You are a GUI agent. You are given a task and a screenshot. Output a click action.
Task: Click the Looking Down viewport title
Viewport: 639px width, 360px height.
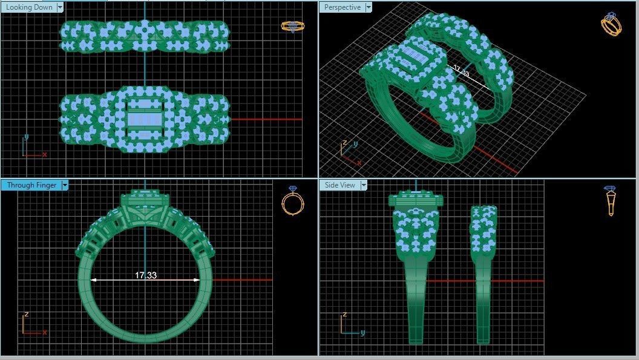point(28,7)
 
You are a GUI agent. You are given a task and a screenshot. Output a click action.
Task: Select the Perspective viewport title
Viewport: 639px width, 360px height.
point(342,7)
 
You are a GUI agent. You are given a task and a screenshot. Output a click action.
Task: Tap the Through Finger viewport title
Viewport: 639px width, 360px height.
point(30,185)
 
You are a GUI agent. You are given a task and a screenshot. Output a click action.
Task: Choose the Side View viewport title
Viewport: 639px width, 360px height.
point(339,185)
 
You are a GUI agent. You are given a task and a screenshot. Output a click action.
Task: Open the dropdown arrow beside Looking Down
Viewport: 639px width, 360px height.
point(59,7)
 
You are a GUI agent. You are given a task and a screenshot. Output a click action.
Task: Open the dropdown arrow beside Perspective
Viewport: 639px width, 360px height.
point(368,7)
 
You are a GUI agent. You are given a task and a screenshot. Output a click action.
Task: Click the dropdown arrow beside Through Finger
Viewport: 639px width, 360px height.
point(65,185)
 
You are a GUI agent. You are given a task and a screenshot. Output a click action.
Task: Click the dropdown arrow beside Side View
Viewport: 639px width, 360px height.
point(363,185)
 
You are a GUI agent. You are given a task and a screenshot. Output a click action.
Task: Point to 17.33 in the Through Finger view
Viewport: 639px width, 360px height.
point(146,275)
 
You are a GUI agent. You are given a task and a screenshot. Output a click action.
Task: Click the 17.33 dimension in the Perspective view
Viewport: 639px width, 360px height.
point(461,71)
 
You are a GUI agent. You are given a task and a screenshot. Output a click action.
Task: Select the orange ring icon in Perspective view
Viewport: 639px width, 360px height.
point(611,25)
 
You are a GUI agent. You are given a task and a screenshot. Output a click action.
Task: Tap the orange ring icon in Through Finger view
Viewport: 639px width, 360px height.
point(293,202)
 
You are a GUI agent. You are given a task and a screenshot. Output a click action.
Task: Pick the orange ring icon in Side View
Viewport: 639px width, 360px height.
point(611,201)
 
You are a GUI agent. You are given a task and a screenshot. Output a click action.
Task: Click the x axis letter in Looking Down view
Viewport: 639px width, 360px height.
point(45,154)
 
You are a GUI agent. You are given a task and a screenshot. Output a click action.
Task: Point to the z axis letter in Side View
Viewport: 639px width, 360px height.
point(344,315)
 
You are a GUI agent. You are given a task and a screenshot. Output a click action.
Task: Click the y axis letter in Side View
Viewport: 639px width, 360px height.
point(362,332)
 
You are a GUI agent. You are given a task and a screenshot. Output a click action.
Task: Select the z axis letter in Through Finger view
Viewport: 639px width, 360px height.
point(26,315)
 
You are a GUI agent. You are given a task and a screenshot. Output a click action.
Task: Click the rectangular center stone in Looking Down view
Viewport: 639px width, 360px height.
point(144,120)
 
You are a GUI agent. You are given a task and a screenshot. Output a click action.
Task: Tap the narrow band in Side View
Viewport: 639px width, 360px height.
point(482,272)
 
